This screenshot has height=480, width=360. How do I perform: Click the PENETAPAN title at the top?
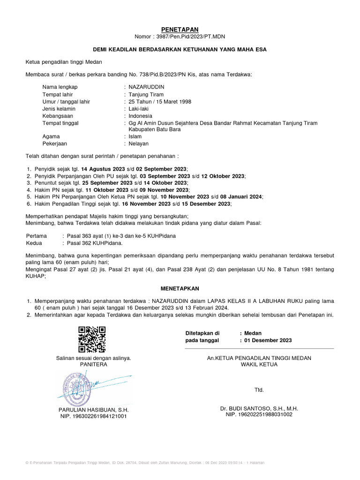tap(180, 30)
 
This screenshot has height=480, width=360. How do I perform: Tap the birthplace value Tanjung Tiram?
tap(146, 94)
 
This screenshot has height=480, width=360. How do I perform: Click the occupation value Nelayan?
tap(139, 144)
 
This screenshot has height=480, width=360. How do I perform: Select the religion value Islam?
tap(136, 137)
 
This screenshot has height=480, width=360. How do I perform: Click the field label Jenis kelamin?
tap(59, 109)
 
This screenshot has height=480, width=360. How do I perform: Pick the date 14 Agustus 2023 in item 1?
tap(106, 169)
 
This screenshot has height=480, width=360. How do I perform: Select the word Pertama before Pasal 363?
tap(37, 236)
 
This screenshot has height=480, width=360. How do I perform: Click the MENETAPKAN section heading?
tap(180, 288)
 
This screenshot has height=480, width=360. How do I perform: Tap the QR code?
tap(92, 339)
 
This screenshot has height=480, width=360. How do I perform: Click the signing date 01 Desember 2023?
tap(269, 340)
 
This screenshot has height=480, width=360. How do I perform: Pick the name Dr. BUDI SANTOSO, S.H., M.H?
tap(259, 408)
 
